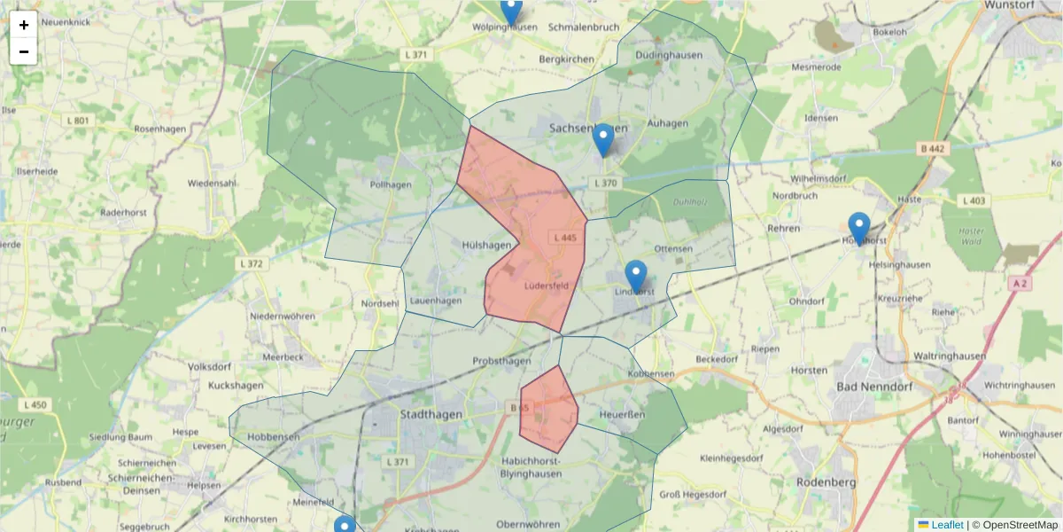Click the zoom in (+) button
[x=24, y=25]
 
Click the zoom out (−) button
[x=24, y=51]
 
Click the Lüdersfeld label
[x=546, y=286]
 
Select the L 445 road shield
[x=564, y=238]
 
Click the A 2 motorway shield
[x=1020, y=283]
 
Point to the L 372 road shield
[x=252, y=263]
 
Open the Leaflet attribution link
[x=946, y=525]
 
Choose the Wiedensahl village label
[x=212, y=184]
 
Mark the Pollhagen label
[x=391, y=184]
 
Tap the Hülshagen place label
[x=486, y=245]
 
